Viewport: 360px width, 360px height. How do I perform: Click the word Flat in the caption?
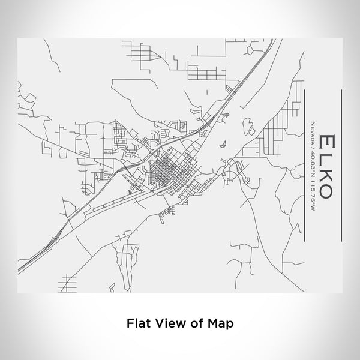137,322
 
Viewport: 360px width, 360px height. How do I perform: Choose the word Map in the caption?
221,322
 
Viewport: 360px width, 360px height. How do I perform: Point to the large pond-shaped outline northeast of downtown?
247,127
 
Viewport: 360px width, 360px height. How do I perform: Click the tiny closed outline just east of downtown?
223,143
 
